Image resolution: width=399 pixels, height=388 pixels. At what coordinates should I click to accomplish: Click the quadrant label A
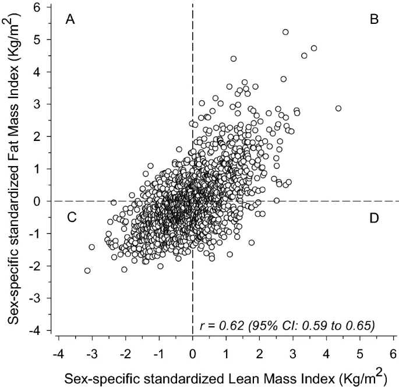[x=70, y=20]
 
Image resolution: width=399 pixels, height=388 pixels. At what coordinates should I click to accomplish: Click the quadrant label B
[x=375, y=20]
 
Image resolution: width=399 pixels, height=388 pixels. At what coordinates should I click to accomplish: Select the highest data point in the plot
[x=285, y=32]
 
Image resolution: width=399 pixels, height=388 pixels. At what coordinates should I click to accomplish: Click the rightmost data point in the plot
[x=338, y=108]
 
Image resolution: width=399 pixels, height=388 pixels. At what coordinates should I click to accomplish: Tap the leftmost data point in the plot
[x=87, y=270]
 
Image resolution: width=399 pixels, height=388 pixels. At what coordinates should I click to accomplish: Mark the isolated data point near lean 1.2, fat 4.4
[x=234, y=58]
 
